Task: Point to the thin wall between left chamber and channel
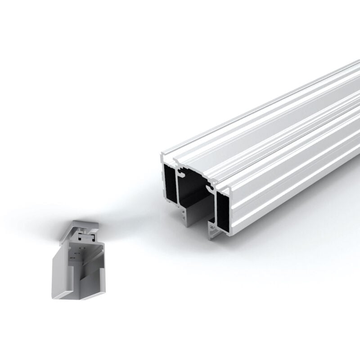(x=178, y=189)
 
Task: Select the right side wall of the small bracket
(x=100, y=270)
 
